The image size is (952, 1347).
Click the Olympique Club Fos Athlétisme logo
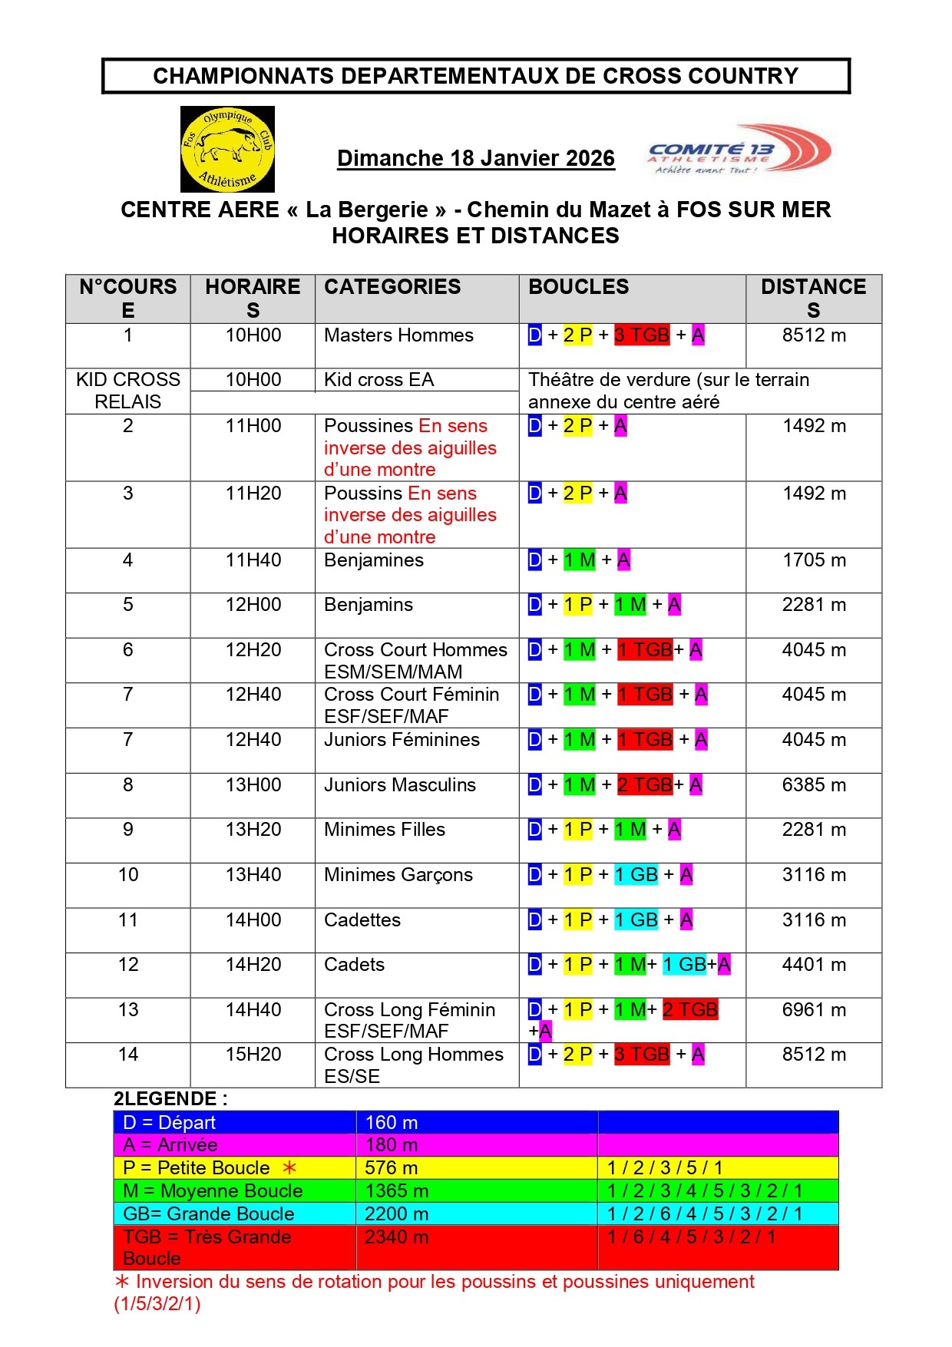tap(227, 149)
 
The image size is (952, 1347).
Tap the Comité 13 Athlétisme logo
tap(739, 150)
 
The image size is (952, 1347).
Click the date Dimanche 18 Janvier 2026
tap(475, 158)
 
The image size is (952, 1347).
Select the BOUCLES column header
tap(578, 287)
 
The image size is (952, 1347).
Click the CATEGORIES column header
tap(392, 287)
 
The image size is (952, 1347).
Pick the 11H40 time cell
tap(253, 560)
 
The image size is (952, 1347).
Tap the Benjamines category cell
tap(374, 560)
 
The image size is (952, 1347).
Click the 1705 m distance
tap(814, 560)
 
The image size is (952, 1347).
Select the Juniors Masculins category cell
tap(400, 785)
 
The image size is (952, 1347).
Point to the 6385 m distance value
tap(814, 785)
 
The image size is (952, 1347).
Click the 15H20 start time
tap(253, 1055)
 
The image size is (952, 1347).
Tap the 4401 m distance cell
tap(814, 965)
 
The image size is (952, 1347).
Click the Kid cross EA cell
tap(379, 380)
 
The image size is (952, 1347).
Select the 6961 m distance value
tap(814, 1010)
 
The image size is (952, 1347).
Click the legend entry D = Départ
tap(169, 1123)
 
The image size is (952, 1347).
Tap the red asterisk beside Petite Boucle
tap(289, 1168)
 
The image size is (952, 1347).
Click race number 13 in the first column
tap(128, 1010)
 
